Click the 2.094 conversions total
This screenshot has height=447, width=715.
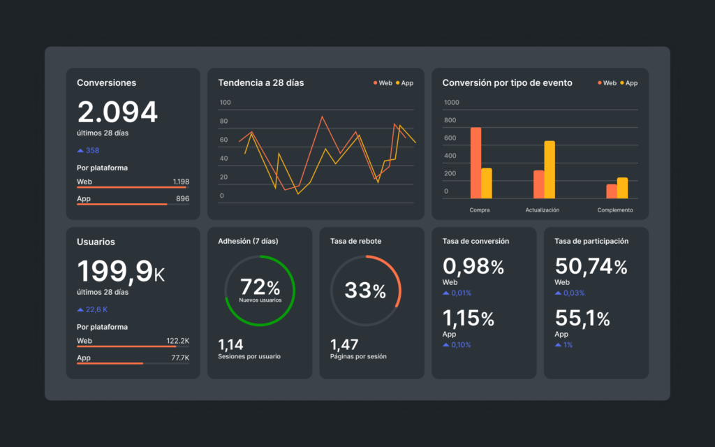tap(117, 112)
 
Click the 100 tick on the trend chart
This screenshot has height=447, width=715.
tap(225, 103)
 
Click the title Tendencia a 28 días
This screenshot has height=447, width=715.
tap(260, 83)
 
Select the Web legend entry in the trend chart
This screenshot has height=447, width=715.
tap(382, 83)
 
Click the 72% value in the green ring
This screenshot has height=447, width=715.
tap(259, 287)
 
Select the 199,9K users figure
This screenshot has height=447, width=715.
tap(120, 272)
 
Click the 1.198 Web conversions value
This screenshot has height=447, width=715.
tap(181, 182)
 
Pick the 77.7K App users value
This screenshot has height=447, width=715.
tap(180, 358)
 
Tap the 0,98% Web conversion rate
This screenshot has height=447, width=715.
tap(473, 267)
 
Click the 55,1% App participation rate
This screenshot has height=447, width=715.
tap(582, 319)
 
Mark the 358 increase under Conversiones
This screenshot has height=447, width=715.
tap(92, 150)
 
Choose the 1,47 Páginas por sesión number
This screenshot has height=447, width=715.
tap(344, 344)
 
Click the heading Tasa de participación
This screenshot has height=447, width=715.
tap(591, 241)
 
